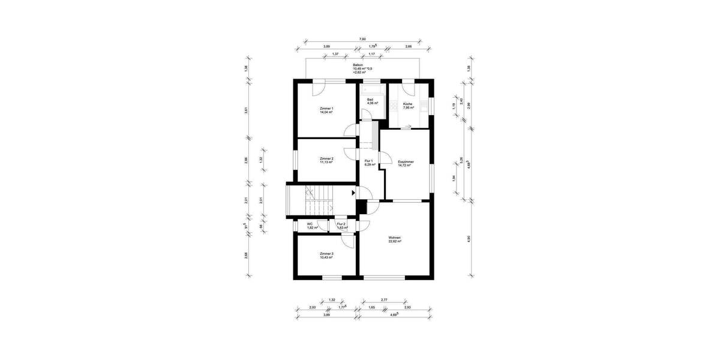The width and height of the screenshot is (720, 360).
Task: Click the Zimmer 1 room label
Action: (x=326, y=109)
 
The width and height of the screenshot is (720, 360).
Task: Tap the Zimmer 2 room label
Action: (x=326, y=158)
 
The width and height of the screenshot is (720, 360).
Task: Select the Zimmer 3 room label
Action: (x=326, y=254)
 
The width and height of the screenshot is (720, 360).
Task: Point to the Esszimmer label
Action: (x=406, y=162)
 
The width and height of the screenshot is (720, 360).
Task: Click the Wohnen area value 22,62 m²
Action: (x=394, y=242)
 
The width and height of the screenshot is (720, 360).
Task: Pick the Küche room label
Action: (x=408, y=104)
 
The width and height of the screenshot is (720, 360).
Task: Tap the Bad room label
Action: (x=371, y=100)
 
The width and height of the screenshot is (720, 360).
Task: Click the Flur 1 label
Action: (x=369, y=161)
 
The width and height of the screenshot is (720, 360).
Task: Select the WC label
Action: (x=310, y=224)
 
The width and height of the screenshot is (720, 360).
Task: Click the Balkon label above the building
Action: (x=358, y=64)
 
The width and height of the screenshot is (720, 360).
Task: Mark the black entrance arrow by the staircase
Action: (x=353, y=193)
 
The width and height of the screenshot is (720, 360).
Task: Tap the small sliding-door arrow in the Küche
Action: (x=407, y=126)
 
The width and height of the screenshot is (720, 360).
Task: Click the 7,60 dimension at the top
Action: (x=362, y=39)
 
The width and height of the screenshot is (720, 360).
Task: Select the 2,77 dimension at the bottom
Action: (x=384, y=299)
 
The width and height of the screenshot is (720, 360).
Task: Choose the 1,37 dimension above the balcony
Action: (x=335, y=54)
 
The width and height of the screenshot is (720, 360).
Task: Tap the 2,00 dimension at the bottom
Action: (x=312, y=307)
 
